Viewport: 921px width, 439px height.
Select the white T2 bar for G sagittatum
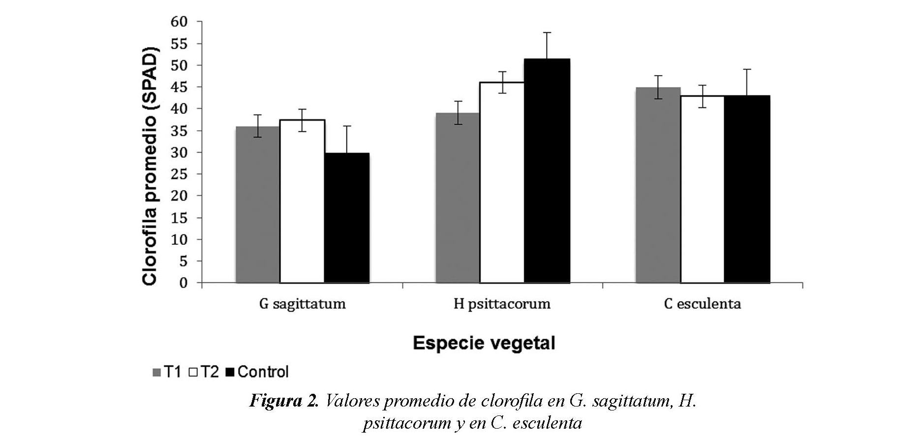302,201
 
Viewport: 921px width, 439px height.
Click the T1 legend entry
167,372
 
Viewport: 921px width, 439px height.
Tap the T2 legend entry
204,372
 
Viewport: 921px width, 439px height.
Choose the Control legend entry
257,372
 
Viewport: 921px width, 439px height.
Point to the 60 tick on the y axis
180,22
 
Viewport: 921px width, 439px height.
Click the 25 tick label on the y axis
180,174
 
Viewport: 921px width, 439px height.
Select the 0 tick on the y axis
184,283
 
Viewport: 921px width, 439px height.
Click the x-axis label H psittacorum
502,304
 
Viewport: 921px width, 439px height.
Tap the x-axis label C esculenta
702,304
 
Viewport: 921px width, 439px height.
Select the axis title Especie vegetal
484,343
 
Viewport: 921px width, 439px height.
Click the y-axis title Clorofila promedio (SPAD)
150,166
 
